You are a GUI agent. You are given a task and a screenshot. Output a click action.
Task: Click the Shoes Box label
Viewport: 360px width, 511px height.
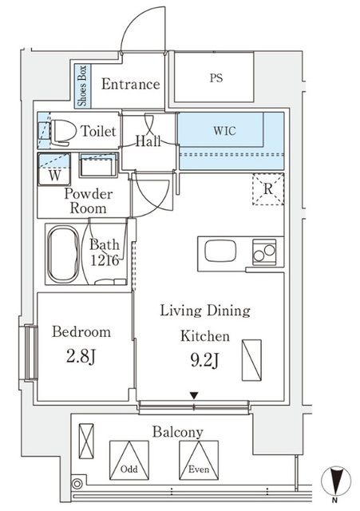[82, 85]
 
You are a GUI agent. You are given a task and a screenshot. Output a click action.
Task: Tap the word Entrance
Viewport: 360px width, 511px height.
[131, 84]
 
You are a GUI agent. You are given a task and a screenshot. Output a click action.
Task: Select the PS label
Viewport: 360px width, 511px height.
[216, 78]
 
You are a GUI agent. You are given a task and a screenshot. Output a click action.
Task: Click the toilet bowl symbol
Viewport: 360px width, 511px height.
[63, 132]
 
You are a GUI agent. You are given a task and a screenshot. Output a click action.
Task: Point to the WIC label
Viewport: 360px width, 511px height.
[224, 131]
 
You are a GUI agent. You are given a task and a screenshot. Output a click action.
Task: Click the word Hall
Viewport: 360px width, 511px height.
[148, 141]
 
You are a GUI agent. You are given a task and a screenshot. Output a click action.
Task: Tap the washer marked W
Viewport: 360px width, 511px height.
[54, 169]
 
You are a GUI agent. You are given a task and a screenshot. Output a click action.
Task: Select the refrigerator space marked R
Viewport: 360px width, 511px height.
[268, 189]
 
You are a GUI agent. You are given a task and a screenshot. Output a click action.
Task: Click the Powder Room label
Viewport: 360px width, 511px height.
[89, 201]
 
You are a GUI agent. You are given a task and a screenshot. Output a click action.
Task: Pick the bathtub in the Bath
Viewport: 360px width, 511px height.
[63, 254]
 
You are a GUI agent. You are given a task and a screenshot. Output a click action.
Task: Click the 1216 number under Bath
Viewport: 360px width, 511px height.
[105, 260]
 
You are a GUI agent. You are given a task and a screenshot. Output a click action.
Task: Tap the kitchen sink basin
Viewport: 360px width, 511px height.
[220, 251]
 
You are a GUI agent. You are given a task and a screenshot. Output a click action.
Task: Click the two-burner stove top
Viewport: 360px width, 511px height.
[264, 252]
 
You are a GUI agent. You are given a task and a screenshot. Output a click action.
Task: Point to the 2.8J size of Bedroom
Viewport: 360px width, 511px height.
[81, 357]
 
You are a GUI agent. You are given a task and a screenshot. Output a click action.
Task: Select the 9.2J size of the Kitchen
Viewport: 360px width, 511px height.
[204, 360]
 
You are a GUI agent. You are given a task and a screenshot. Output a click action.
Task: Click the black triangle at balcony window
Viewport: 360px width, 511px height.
[194, 396]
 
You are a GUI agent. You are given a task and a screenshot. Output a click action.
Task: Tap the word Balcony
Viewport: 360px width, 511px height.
[178, 432]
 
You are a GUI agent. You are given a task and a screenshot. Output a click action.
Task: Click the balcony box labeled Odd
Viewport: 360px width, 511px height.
[129, 460]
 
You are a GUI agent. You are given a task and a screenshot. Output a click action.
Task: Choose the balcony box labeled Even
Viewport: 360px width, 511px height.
[199, 460]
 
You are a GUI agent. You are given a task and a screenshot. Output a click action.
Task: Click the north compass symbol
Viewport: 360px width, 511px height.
[336, 481]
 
